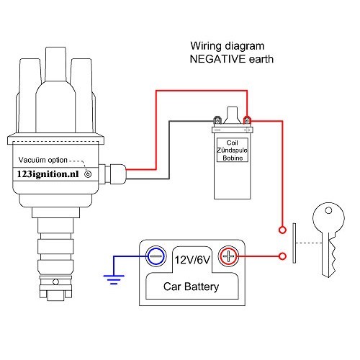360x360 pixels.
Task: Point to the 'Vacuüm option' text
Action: pos(43,160)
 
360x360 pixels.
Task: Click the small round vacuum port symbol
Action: pos(89,174)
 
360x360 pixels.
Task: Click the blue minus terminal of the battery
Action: pos(155,255)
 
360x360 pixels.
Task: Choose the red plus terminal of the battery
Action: pos(228,255)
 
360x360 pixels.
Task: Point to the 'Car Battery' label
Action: pos(192,287)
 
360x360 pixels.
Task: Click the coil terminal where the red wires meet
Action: pos(247,120)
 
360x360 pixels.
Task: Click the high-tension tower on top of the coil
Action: pos(231,113)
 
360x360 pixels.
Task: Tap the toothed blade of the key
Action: pos(328,259)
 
